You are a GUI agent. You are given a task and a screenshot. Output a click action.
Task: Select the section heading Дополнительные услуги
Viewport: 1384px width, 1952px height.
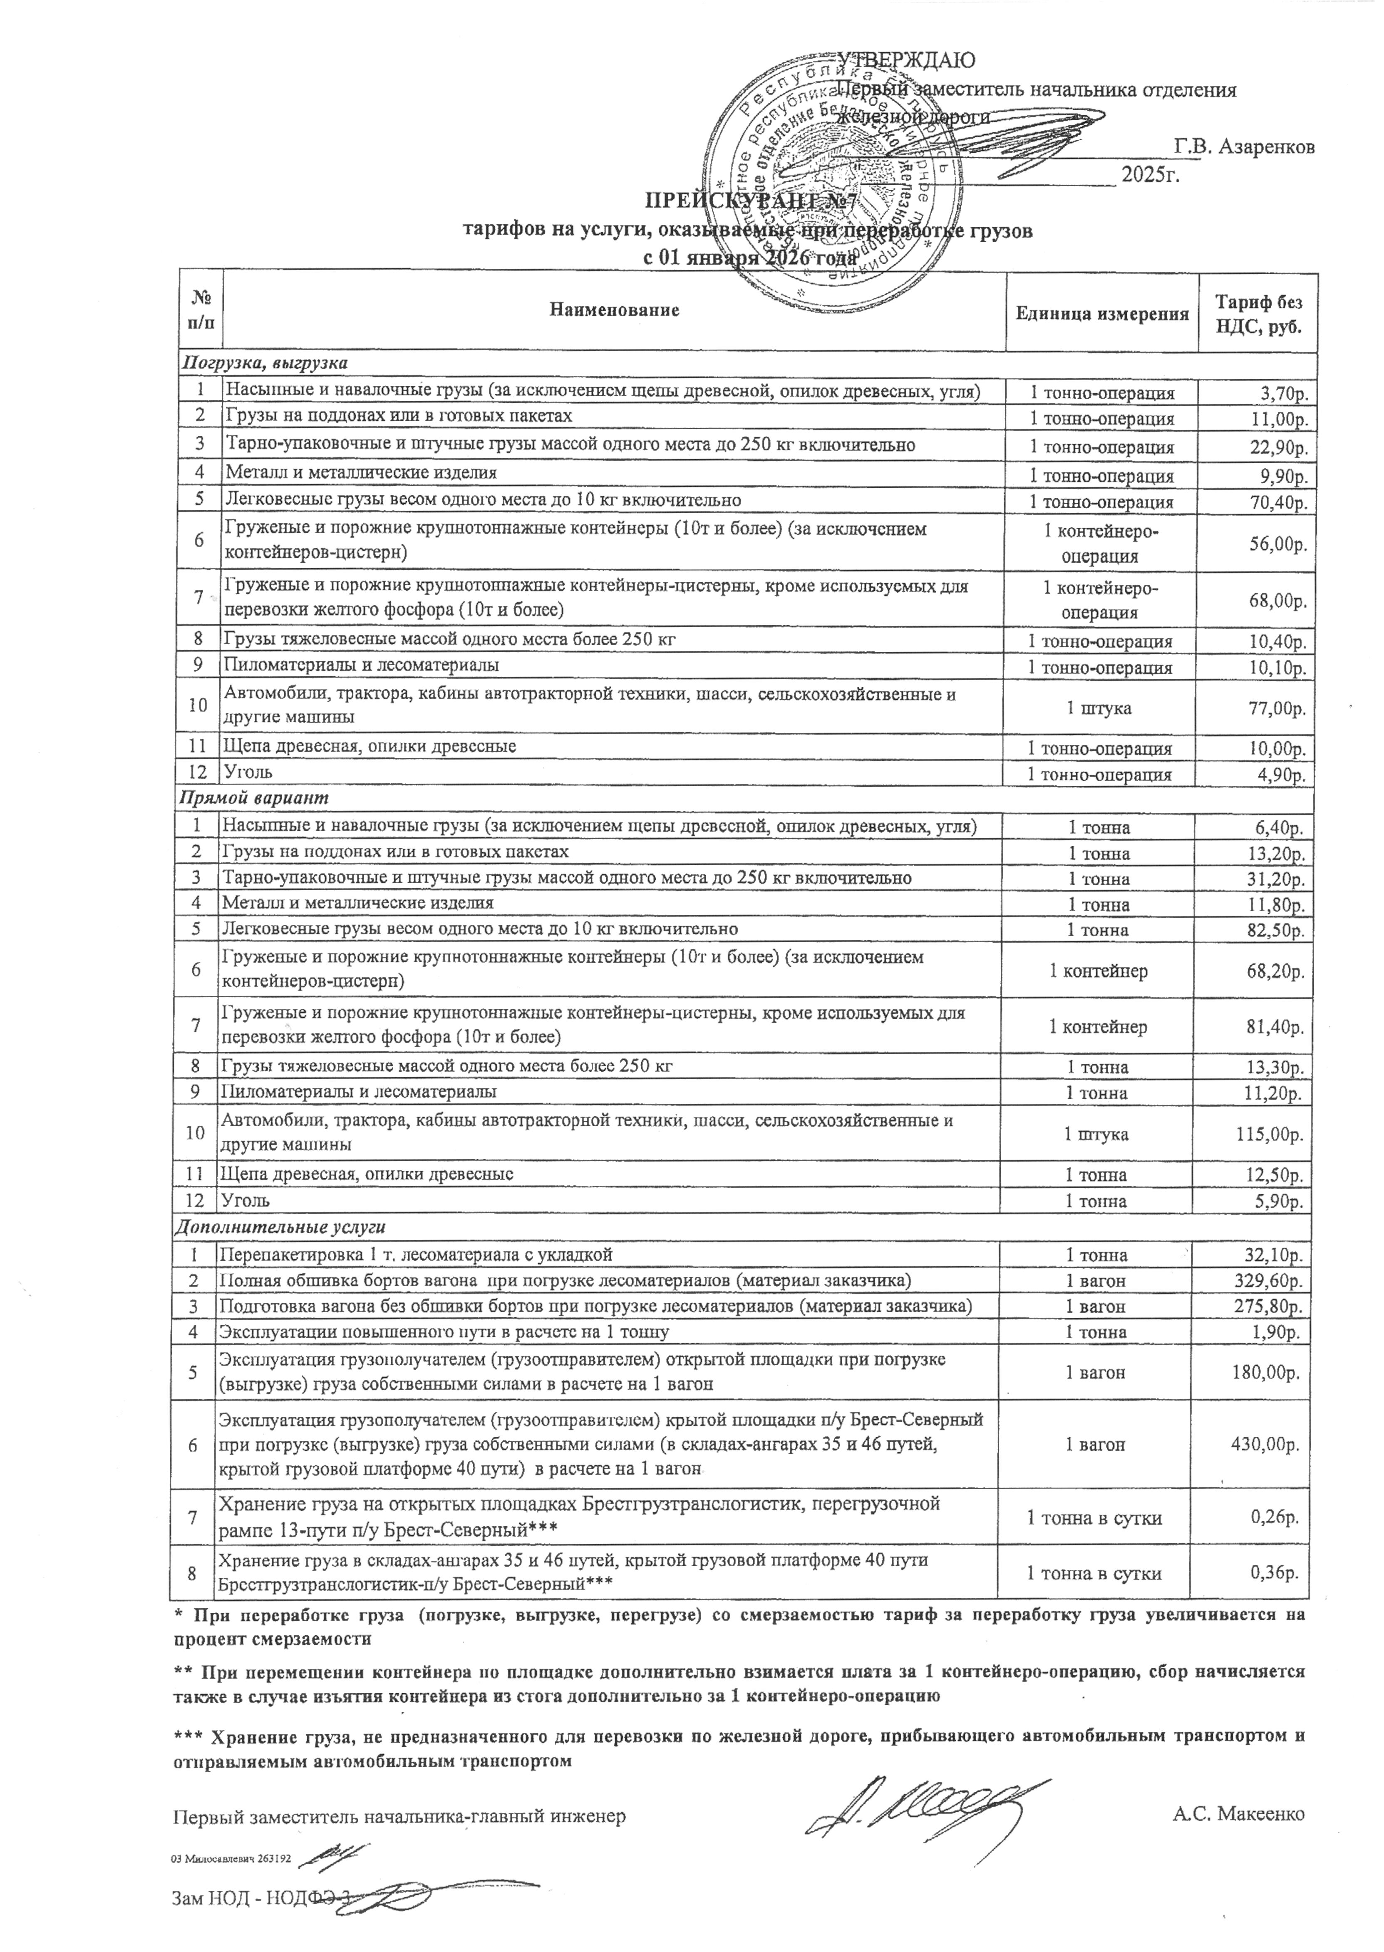(x=280, y=1227)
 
